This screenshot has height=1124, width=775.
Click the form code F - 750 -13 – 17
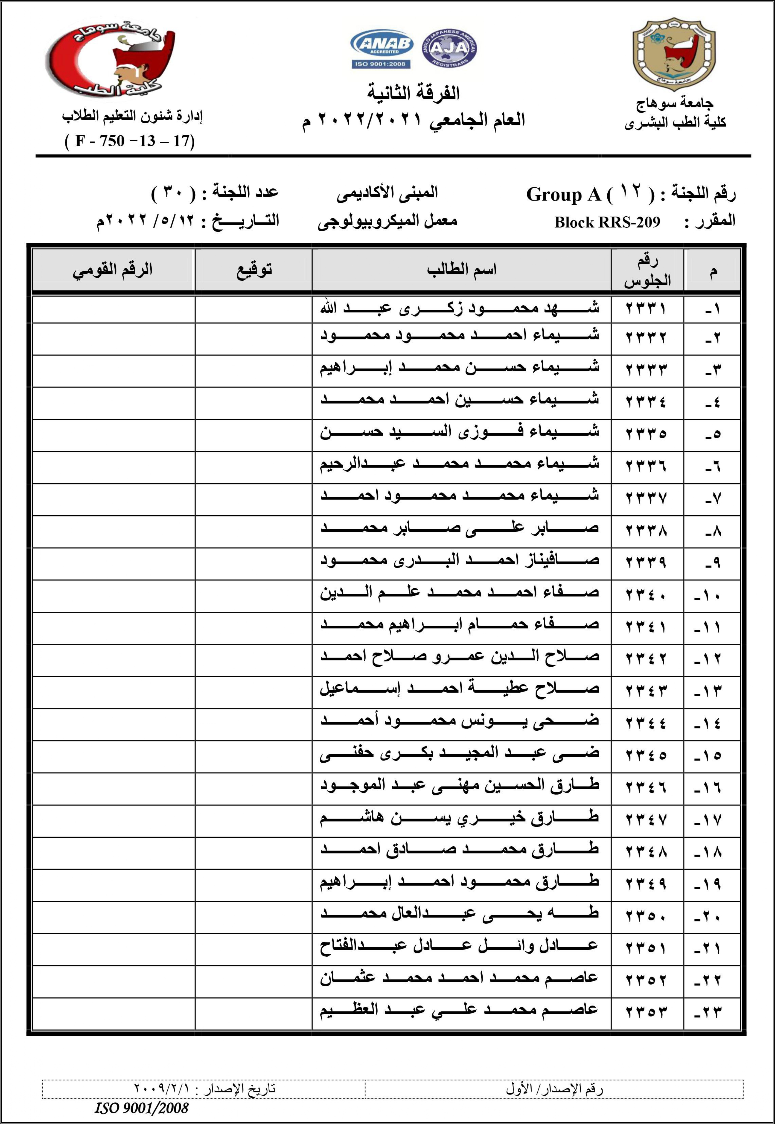click(130, 141)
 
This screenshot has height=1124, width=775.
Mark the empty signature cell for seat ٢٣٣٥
click(253, 435)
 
